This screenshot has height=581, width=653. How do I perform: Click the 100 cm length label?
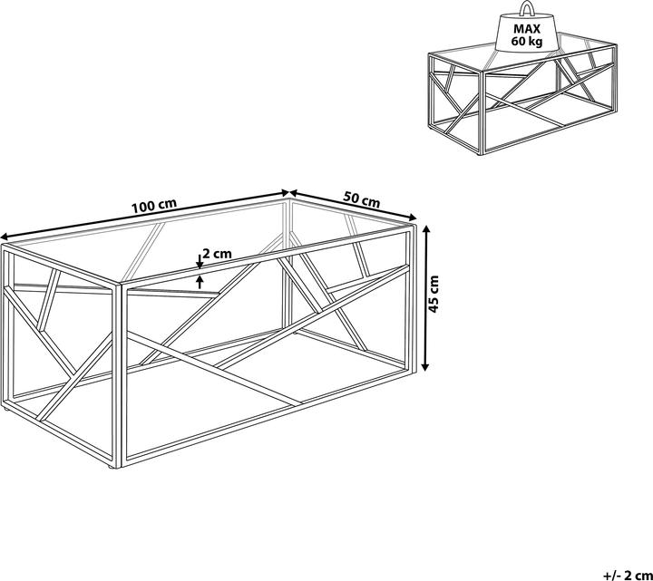pyautogui.click(x=154, y=206)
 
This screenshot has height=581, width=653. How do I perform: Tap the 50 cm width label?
pyautogui.click(x=362, y=199)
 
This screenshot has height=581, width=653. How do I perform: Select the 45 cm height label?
pyautogui.click(x=434, y=295)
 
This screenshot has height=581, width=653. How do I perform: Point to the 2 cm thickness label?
pyautogui.click(x=217, y=254)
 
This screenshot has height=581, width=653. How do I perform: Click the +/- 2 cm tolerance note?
pyautogui.click(x=628, y=575)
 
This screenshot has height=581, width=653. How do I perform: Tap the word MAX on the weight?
pyautogui.click(x=527, y=29)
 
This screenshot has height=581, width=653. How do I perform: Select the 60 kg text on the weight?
pyautogui.click(x=527, y=42)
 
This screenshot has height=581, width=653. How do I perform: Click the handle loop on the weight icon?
pyautogui.click(x=527, y=8)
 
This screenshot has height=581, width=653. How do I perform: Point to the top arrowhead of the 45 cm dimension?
pyautogui.click(x=425, y=230)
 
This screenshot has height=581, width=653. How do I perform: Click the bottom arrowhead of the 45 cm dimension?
pyautogui.click(x=425, y=366)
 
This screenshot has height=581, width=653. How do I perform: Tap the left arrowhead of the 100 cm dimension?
pyautogui.click(x=5, y=237)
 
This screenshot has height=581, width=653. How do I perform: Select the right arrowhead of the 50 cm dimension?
pyautogui.click(x=413, y=217)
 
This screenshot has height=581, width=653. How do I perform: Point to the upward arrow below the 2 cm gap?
pyautogui.click(x=200, y=282)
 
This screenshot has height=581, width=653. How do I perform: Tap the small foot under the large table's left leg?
pyautogui.click(x=6, y=410)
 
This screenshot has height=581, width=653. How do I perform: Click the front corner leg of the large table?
pyautogui.click(x=117, y=375)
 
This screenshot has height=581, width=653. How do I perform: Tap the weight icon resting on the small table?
pyautogui.click(x=527, y=27)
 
